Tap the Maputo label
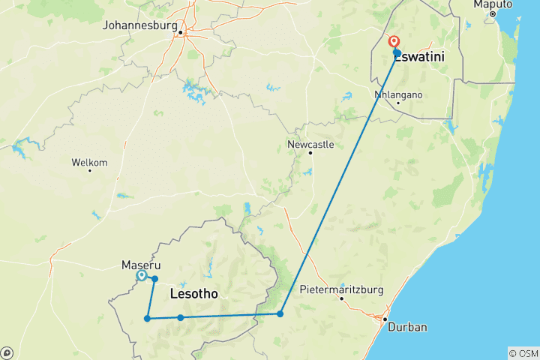click(493, 4)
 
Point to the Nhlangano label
click(398, 95)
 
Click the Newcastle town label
click(310, 144)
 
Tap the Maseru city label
click(138, 265)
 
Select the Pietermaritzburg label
click(341, 289)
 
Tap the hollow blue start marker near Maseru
click(141, 276)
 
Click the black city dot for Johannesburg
click(181, 31)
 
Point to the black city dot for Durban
click(385, 320)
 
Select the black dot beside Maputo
click(493, 14)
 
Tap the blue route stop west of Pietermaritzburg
click(280, 313)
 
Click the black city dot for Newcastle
click(310, 153)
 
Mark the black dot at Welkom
click(89, 170)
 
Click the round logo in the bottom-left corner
click(7, 352)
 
